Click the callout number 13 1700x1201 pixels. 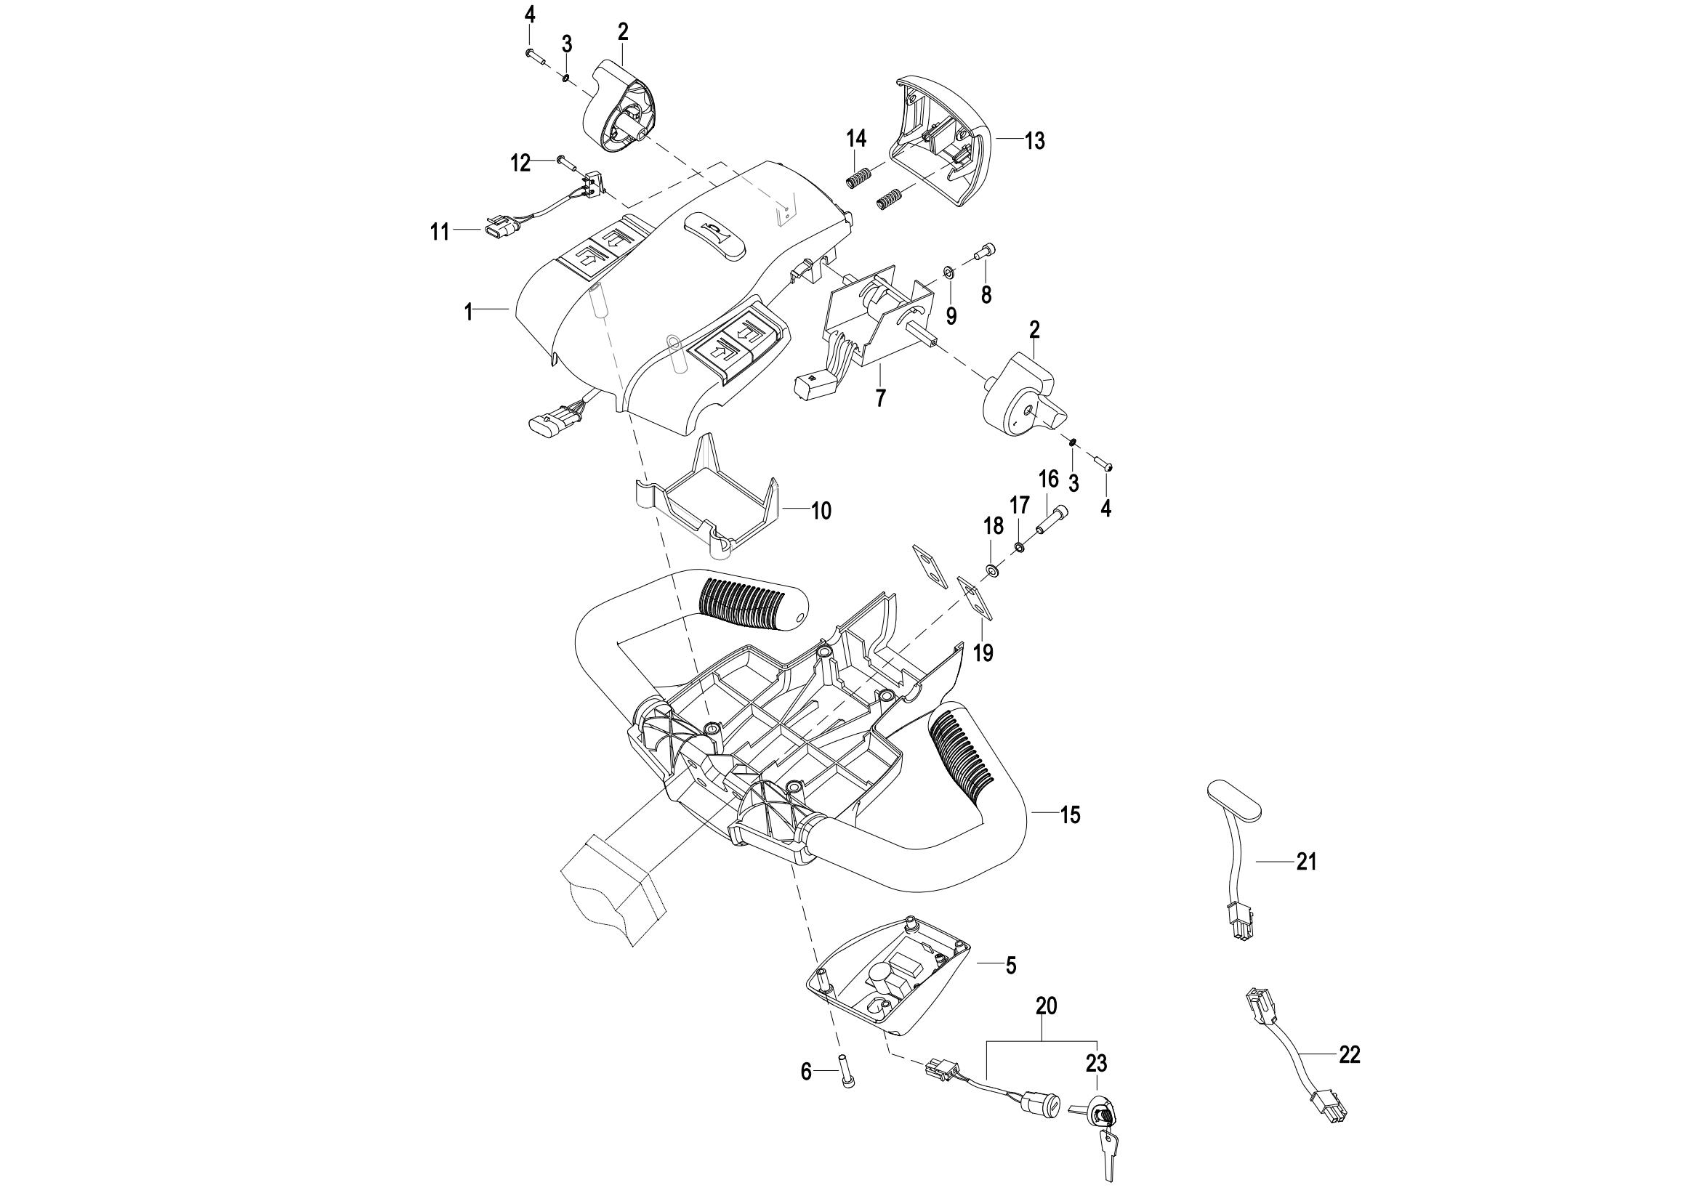[1034, 141]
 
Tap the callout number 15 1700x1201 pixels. [1070, 815]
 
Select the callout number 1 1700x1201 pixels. [468, 312]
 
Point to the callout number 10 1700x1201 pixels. [821, 511]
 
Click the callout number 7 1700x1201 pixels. [880, 398]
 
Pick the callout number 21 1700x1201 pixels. [1306, 862]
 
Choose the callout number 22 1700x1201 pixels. [1350, 1055]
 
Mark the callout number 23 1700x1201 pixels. [1097, 1064]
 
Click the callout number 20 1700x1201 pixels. [1046, 1006]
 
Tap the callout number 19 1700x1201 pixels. [983, 652]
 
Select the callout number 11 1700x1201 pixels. [440, 232]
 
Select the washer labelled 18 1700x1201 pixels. [991, 570]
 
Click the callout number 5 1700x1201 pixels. [1011, 966]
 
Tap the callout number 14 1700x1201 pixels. [857, 138]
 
